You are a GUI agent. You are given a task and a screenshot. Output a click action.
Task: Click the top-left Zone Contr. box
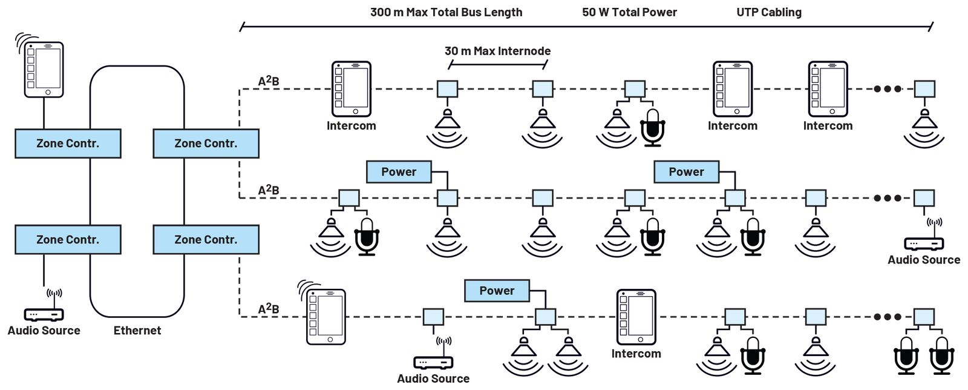[x=68, y=143]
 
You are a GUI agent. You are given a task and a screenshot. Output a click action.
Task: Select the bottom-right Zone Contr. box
[x=206, y=239]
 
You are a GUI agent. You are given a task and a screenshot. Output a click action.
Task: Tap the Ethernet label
[x=137, y=330]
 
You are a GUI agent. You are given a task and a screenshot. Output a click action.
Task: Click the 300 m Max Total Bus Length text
[x=446, y=12]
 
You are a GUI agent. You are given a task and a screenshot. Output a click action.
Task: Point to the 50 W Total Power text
[x=629, y=12]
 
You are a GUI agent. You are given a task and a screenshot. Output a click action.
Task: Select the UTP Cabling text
[x=769, y=12]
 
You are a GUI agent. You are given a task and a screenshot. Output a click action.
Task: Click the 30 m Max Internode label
[x=497, y=51]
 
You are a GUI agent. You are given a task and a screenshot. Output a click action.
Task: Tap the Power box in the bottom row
[x=497, y=291]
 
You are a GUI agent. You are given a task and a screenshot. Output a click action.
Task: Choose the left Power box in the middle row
[x=399, y=171]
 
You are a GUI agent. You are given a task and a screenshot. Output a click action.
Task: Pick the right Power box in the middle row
[x=686, y=171]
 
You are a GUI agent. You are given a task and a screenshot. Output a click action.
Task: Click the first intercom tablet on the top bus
[x=352, y=88]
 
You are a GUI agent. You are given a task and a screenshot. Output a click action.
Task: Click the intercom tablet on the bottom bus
[x=636, y=317]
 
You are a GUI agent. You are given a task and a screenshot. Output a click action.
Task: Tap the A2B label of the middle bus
[x=269, y=190]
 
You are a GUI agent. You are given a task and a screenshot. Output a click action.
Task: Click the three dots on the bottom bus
[x=888, y=317]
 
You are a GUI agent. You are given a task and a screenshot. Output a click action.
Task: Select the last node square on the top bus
[x=924, y=89]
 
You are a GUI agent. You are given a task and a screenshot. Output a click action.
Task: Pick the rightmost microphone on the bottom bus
[x=941, y=356]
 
